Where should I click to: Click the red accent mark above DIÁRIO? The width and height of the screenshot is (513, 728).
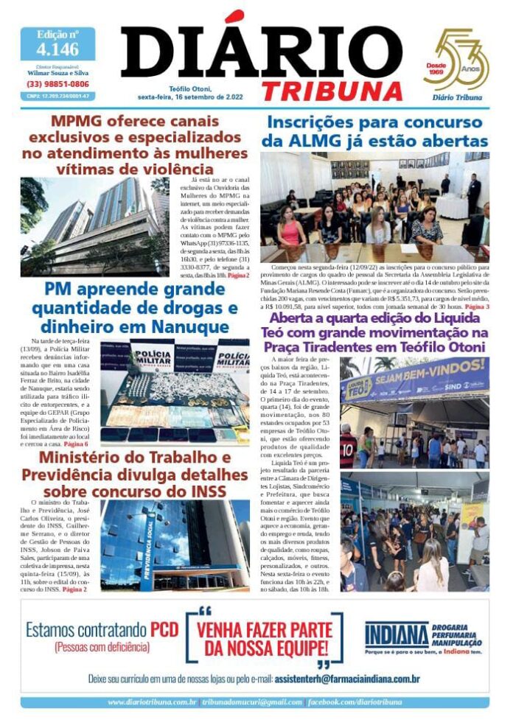click(x=234, y=16)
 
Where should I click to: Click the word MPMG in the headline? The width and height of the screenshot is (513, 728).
click(x=77, y=121)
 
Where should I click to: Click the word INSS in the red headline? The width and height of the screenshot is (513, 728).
click(x=208, y=491)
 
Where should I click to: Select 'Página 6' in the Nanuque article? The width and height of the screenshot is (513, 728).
click(x=76, y=444)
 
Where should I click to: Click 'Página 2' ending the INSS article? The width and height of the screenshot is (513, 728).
click(x=74, y=589)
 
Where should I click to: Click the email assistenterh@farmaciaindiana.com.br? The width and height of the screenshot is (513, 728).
click(x=346, y=678)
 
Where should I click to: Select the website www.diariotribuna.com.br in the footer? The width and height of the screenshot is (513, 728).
click(x=152, y=702)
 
